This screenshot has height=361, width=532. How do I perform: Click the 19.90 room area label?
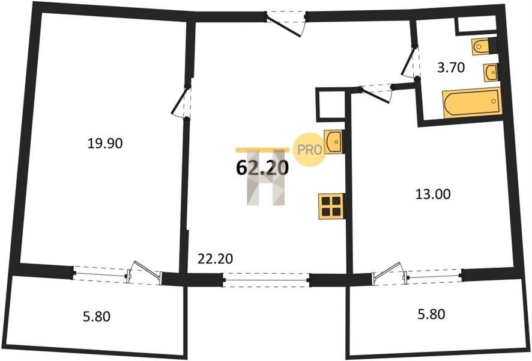click(x=105, y=143)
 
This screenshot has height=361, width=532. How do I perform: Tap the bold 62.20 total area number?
click(x=262, y=167)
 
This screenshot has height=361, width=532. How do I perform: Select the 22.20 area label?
click(x=215, y=259)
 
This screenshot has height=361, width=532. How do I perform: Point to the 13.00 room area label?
click(x=434, y=194)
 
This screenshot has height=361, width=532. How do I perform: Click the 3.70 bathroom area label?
click(x=450, y=68)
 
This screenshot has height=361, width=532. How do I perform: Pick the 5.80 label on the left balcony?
click(x=97, y=317)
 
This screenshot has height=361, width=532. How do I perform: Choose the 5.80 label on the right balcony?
click(x=431, y=313)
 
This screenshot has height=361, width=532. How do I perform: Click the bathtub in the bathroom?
click(x=472, y=103)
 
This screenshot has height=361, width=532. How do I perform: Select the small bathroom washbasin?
click(x=491, y=72)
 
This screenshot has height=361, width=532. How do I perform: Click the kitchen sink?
click(x=334, y=141)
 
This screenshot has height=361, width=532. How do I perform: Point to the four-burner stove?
click(x=331, y=206)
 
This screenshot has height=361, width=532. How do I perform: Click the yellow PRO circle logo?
click(x=309, y=149)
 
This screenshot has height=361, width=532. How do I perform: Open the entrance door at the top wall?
click(x=286, y=23)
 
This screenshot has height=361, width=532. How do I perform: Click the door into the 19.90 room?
click(x=181, y=102)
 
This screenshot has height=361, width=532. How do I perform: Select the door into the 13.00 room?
click(x=376, y=93)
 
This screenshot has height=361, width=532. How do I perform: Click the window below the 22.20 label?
click(x=267, y=280)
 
